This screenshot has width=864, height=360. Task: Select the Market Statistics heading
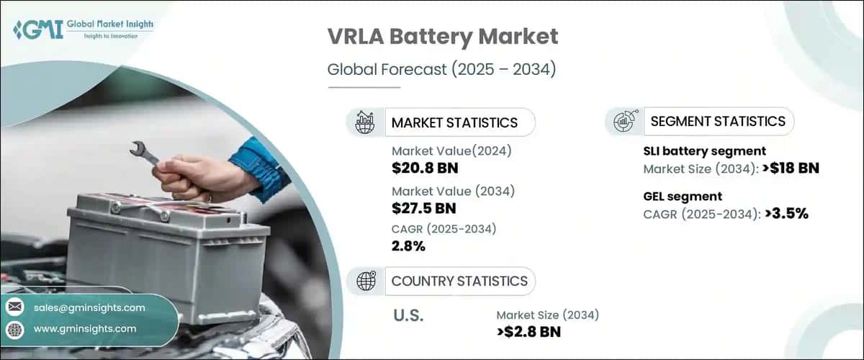454,122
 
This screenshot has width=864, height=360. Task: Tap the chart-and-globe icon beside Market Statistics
365,122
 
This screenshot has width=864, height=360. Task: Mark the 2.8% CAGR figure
408,246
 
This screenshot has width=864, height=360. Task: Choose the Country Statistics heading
459,281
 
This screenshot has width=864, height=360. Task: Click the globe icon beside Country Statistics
366,281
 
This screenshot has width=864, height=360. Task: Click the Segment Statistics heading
718,121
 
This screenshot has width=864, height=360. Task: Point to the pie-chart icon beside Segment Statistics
624,121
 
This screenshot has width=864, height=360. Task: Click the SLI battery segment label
703,151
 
